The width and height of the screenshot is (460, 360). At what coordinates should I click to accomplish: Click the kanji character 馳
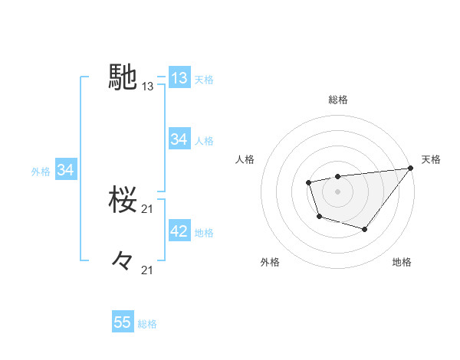[123, 77]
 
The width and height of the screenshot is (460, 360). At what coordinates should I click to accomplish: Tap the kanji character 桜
[123, 200]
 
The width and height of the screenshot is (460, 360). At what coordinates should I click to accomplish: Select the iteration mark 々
[123, 261]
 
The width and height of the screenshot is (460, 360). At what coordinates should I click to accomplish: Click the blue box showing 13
[179, 78]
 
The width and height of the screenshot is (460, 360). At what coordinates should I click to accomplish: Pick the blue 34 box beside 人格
[179, 139]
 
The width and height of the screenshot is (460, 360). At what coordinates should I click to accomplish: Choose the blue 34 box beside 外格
[65, 170]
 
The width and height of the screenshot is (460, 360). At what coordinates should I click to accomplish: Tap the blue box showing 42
[179, 231]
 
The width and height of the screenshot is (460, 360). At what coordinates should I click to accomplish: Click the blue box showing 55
[123, 322]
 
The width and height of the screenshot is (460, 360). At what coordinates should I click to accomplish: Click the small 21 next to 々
[148, 270]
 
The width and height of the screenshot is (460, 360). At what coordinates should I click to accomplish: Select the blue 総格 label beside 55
[147, 324]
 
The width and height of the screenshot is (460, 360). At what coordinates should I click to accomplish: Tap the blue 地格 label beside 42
[204, 232]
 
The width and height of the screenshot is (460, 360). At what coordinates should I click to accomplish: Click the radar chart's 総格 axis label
[338, 100]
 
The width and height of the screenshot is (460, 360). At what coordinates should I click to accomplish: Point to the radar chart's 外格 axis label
[270, 262]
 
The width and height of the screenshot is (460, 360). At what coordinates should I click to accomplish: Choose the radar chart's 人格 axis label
[245, 159]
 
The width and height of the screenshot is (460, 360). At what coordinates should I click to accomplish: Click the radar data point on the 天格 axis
[410, 168]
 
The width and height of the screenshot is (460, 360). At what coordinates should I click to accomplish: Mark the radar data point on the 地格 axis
[365, 229]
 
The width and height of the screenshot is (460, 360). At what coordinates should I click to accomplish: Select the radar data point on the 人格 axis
[308, 182]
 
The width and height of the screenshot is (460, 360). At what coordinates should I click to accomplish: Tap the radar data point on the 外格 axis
[319, 217]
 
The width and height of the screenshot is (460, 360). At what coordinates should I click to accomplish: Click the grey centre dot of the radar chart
[337, 191]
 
